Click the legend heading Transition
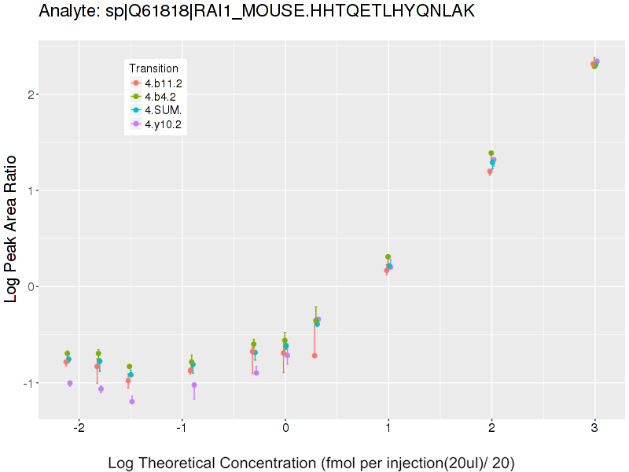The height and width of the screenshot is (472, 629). point(153,68)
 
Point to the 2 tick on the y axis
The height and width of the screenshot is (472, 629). point(30,94)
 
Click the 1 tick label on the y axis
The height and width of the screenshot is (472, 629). point(30,190)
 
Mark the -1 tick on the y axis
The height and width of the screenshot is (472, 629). point(28,383)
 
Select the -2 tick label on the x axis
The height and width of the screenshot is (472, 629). point(79,428)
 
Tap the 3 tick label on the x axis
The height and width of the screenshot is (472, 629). point(594,428)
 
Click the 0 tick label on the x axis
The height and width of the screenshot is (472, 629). point(285,428)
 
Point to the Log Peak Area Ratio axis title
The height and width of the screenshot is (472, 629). point(12,227)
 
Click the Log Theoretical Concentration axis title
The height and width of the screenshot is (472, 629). point(311,463)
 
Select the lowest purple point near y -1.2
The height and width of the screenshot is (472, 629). point(132,401)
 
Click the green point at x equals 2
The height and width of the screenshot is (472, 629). point(491,153)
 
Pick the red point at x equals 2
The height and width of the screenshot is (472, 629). point(490,171)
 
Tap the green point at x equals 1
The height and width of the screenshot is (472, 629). point(388,257)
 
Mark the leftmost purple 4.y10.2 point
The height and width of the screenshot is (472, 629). point(70,383)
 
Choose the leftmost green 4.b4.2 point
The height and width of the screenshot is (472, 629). point(68,354)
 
